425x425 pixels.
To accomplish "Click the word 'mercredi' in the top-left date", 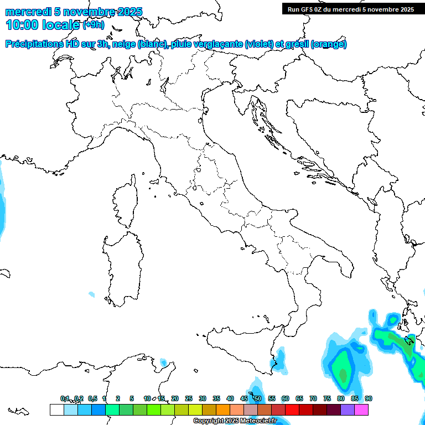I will pyautogui.click(x=25, y=12).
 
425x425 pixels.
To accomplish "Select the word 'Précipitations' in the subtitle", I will pyautogui.click(x=34, y=44).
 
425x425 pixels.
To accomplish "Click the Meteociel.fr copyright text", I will pyautogui.click(x=235, y=421).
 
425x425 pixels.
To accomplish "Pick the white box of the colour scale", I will pyautogui.click(x=56, y=410).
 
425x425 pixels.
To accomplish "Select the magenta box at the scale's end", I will pyautogui.click(x=361, y=410).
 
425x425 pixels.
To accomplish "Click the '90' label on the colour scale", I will pyautogui.click(x=369, y=398).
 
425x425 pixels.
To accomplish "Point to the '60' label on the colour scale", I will pyautogui.click(x=286, y=398).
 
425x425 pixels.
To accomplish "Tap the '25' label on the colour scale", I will pyautogui.click(x=189, y=398).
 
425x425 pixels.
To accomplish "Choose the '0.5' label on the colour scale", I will pyautogui.click(x=92, y=398).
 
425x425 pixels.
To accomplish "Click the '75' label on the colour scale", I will pyautogui.click(x=327, y=398).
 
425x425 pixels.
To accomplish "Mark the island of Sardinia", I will pyautogui.click(x=122, y=266).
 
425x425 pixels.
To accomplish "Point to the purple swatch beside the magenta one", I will pyautogui.click(x=348, y=410).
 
